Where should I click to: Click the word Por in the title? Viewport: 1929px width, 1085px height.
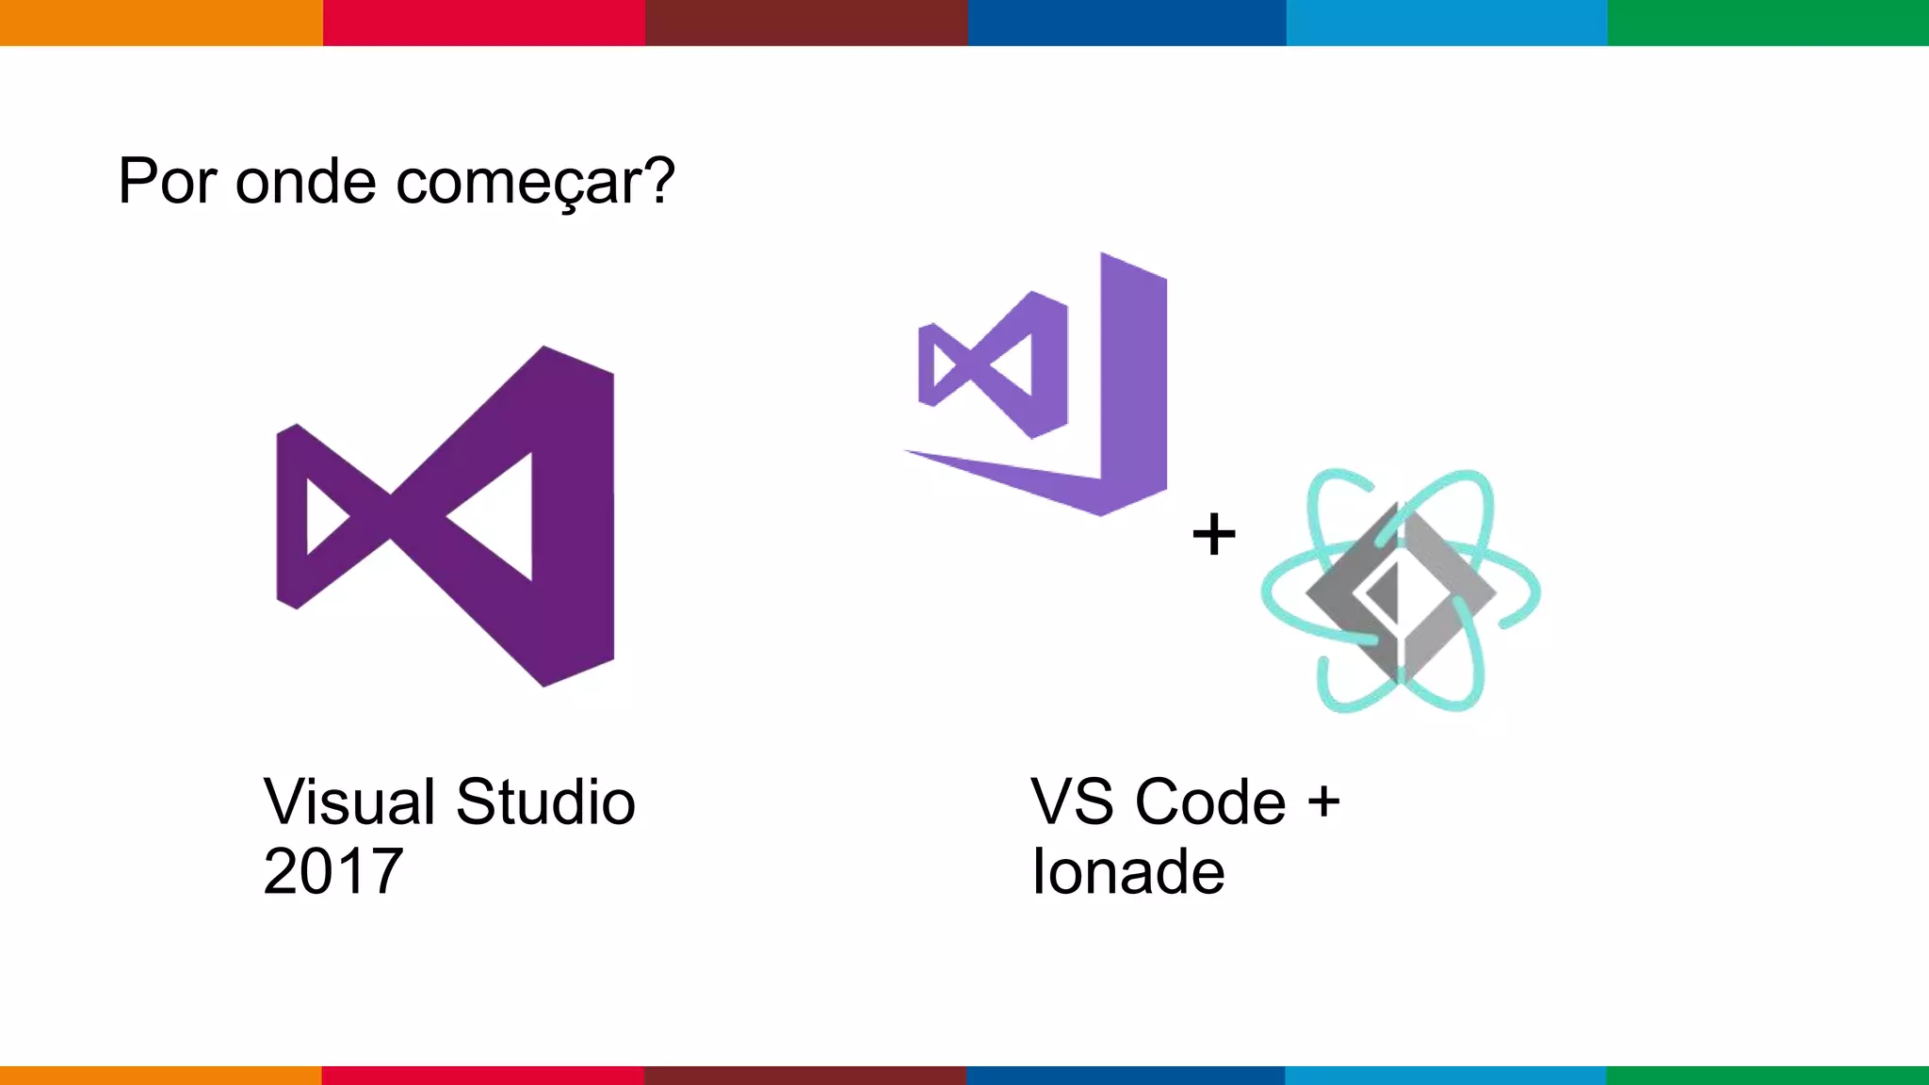pos(168,181)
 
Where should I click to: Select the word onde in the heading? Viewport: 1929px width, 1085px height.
pos(306,181)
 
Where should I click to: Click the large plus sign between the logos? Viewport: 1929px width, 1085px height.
pos(1214,534)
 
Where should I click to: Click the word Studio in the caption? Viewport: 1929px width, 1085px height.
pos(545,802)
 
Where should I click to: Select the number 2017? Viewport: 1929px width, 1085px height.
pos(333,871)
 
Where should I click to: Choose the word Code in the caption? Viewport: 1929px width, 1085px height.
pos(1210,802)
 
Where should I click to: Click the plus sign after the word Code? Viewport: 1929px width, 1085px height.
pos(1323,802)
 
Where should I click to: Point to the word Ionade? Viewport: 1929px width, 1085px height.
pos(1128,871)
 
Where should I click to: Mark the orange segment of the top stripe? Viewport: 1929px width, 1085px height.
pos(161,23)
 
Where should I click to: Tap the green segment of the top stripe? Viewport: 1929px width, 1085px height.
pos(1768,23)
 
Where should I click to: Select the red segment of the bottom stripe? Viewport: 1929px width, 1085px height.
pos(482,1075)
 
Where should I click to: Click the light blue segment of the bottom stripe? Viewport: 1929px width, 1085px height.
pos(1446,1075)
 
